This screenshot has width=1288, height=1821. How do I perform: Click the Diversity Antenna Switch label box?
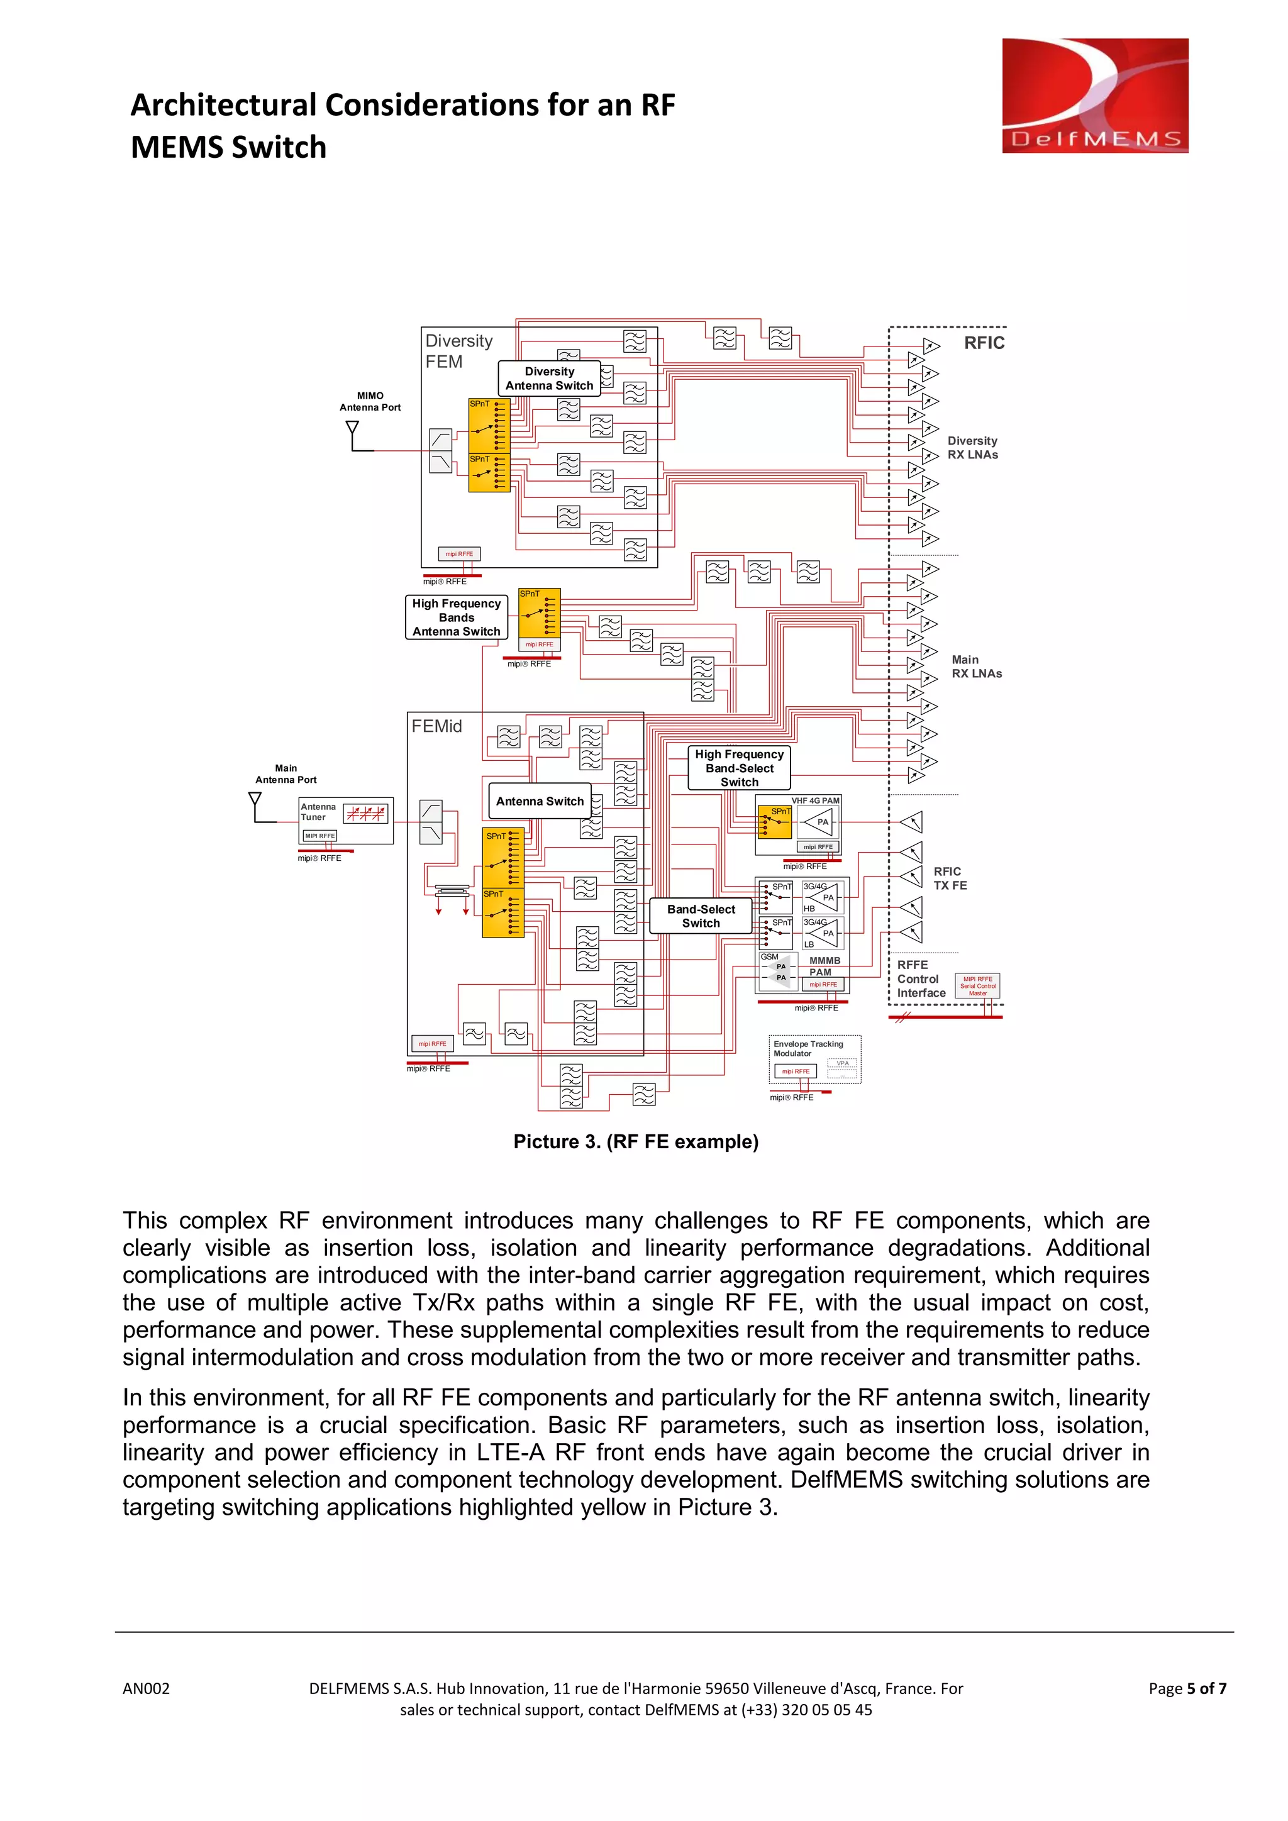[549, 379]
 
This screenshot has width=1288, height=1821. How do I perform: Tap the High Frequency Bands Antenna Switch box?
[456, 617]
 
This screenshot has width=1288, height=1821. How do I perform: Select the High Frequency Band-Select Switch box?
[739, 768]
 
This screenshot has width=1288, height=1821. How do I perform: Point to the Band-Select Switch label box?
[701, 916]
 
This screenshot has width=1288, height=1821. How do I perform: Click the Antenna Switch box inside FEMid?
[540, 801]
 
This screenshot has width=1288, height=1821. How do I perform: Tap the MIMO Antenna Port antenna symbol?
[353, 432]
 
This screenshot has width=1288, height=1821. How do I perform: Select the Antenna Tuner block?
[346, 820]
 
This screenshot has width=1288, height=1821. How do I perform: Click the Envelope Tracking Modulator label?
[808, 1048]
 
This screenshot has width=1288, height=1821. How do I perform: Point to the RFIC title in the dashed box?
[984, 343]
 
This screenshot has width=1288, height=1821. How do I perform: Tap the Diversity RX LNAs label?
[972, 447]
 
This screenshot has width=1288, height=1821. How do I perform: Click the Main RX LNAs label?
[976, 667]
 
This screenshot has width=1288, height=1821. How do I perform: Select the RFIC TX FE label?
[950, 878]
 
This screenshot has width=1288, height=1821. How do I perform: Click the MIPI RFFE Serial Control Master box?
[977, 986]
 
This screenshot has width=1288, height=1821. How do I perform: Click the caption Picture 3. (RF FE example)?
[636, 1141]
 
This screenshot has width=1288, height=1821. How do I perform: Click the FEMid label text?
[436, 726]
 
